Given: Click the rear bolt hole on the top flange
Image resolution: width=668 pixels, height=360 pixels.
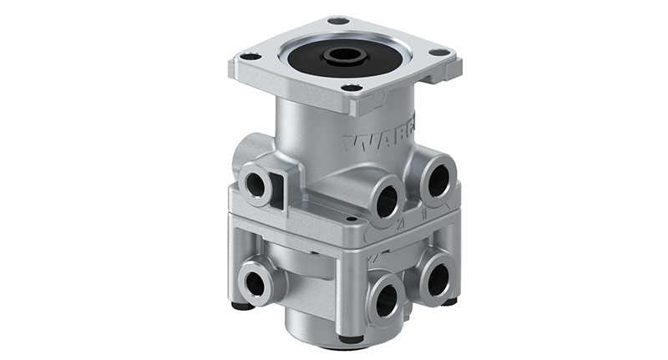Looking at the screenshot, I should (x=338, y=20).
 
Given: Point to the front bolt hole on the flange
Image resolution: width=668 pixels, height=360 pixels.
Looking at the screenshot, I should (x=352, y=87).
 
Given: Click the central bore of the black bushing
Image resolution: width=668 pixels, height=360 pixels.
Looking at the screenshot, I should (x=342, y=56).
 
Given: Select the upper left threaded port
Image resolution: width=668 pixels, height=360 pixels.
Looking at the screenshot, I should (x=256, y=185).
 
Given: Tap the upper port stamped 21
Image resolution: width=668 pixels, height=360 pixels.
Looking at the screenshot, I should (x=386, y=201).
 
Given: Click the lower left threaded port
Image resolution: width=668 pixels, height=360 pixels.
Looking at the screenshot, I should (x=254, y=283).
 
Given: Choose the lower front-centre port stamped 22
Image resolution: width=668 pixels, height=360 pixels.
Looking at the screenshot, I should (x=385, y=297).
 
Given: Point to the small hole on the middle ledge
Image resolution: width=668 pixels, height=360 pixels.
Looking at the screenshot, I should (x=352, y=220).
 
